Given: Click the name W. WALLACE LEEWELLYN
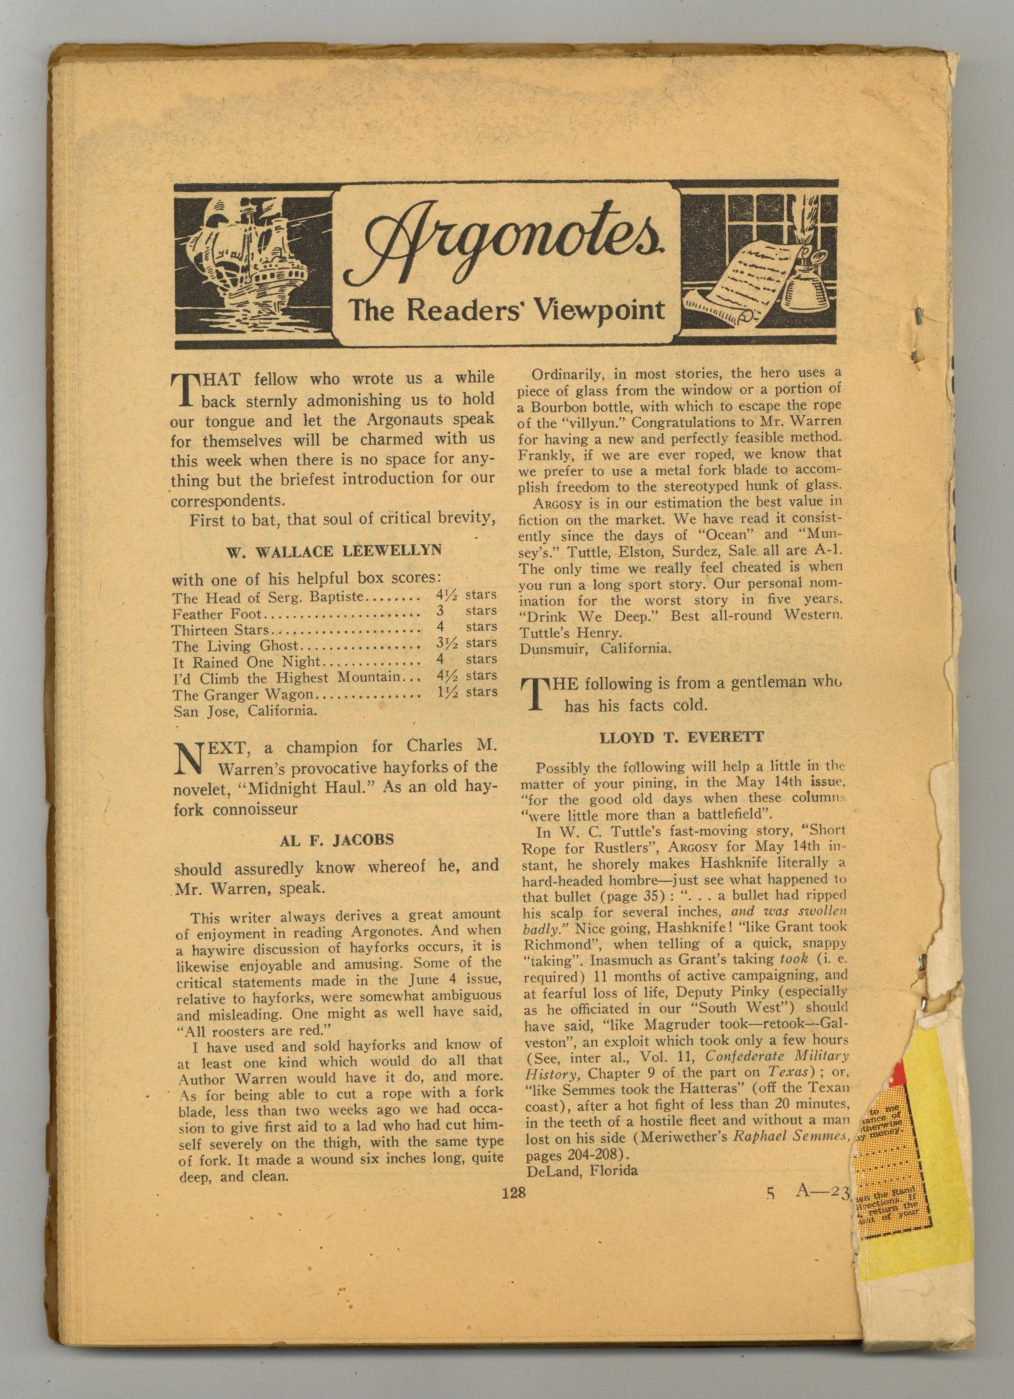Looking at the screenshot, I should (x=333, y=551).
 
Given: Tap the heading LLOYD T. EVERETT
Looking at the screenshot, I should (x=681, y=738).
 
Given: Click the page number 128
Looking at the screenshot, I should (x=513, y=1193).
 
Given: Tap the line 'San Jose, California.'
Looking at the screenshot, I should (x=245, y=710).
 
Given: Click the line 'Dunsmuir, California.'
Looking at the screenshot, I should (x=594, y=648).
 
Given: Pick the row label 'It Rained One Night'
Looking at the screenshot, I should (x=247, y=662).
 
